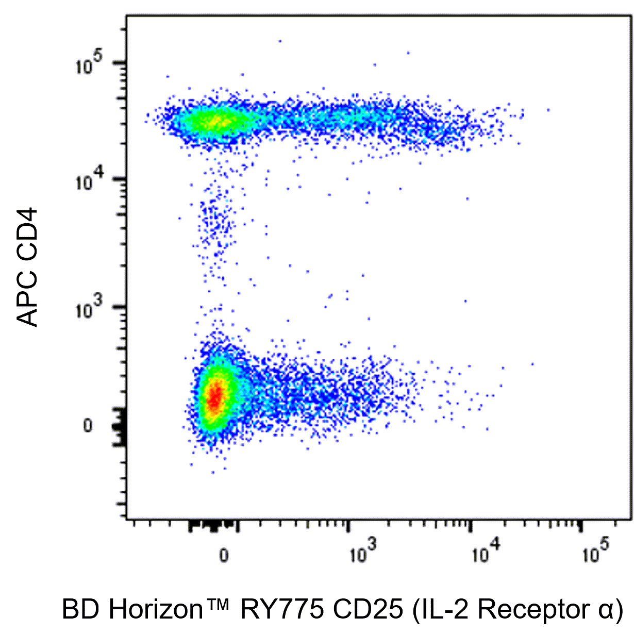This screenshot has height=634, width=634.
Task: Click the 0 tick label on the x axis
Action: pyautogui.click(x=224, y=555)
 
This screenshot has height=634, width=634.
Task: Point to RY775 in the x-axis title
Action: pyautogui.click(x=282, y=610)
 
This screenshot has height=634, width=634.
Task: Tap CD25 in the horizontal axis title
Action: pyautogui.click(x=368, y=610)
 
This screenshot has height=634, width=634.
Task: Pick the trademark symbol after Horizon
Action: pyautogui.click(x=217, y=604)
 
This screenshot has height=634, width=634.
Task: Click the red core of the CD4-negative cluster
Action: pyautogui.click(x=216, y=395)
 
